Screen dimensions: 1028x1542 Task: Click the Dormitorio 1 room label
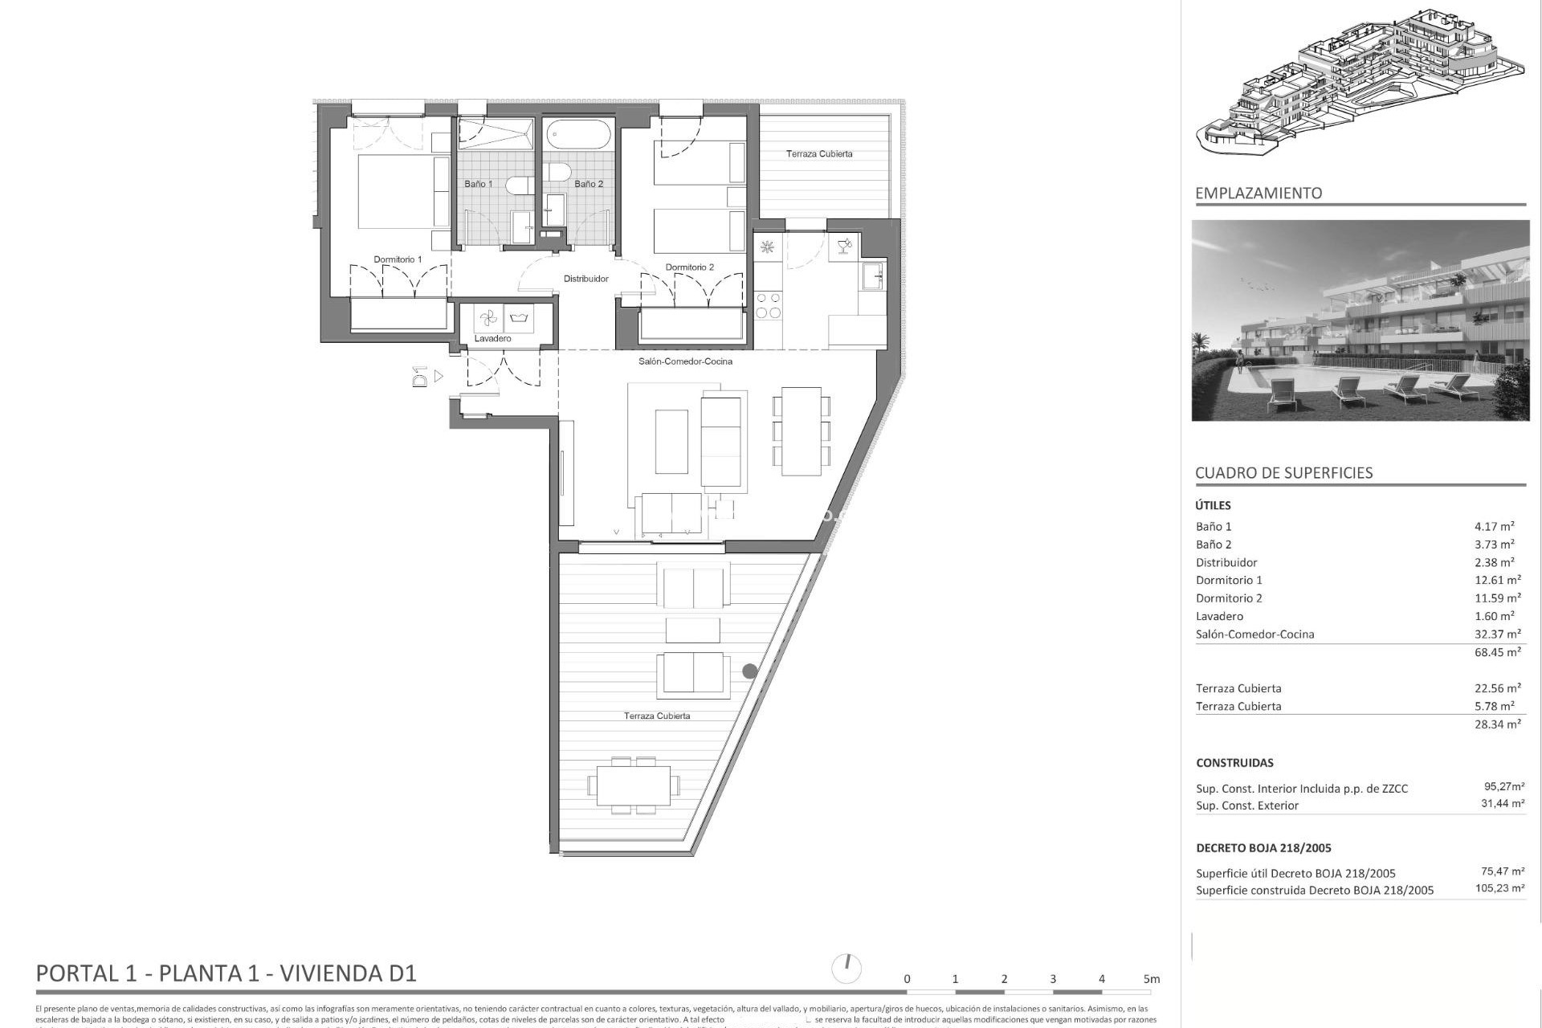pyautogui.click(x=397, y=259)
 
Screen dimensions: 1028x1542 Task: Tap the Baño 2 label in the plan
pyautogui.click(x=588, y=184)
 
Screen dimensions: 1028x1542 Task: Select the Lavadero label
pyautogui.click(x=492, y=338)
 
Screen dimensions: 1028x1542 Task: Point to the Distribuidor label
pyautogui.click(x=585, y=279)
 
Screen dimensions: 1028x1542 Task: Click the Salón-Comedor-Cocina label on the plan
pyautogui.click(x=685, y=361)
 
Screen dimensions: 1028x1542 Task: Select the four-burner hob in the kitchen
pyautogui.click(x=768, y=305)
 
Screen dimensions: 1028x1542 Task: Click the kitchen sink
pyautogui.click(x=872, y=276)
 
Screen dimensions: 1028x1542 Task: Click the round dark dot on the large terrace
pyautogui.click(x=749, y=671)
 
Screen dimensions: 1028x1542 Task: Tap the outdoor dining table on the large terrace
pyautogui.click(x=633, y=785)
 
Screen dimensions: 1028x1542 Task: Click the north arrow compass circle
pyautogui.click(x=846, y=969)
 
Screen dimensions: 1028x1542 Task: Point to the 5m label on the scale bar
pyautogui.click(x=1151, y=979)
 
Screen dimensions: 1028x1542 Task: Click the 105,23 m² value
pyautogui.click(x=1499, y=888)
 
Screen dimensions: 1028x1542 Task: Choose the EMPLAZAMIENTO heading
pyautogui.click(x=1258, y=193)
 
